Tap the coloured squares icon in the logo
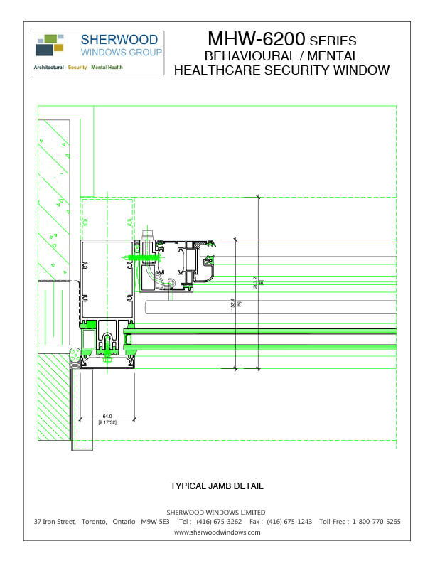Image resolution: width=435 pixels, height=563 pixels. point(49,45)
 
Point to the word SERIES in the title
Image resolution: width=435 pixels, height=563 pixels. point(333,41)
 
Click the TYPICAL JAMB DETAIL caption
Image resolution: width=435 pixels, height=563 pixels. point(217,486)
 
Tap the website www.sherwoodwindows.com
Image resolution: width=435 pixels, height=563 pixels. point(217,532)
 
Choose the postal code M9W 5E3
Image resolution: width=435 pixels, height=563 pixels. point(156,522)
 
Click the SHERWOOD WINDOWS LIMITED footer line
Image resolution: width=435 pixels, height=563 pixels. point(216,512)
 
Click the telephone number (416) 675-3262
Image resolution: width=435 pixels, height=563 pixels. point(218,522)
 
